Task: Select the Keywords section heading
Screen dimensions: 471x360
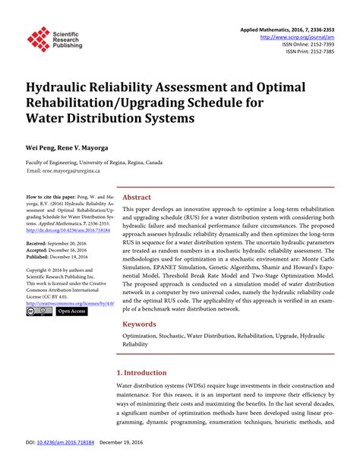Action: [142, 324]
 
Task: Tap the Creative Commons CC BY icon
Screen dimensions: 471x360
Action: [39, 311]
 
